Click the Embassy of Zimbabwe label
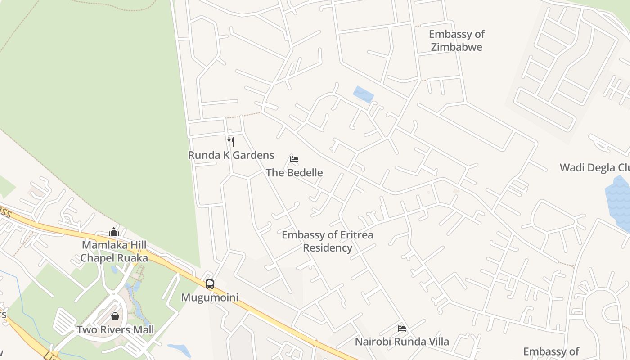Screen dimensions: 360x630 pos(456,40)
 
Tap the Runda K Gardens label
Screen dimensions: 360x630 pos(231,155)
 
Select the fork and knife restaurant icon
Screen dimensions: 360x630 pos(231,142)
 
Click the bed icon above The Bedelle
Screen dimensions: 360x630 pos(294,159)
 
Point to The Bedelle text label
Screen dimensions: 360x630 pos(294,172)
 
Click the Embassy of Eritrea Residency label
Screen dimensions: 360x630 pos(327,241)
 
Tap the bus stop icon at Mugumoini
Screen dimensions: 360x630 pos(210,284)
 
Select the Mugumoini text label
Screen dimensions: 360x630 pos(210,297)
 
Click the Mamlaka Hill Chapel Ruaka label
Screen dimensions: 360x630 pos(114,252)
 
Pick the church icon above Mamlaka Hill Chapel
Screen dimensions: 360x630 pos(114,232)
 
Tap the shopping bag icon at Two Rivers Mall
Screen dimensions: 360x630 pos(115,316)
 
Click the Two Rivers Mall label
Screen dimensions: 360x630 pos(115,330)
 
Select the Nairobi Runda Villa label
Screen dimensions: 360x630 pos(402,342)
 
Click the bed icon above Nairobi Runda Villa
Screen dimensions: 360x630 pos(402,328)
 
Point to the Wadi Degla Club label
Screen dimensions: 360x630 pos(594,168)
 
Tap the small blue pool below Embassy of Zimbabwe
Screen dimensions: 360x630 pos(364,94)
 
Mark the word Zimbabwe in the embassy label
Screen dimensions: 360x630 pos(456,47)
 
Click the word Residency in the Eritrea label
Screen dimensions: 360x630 pos(327,248)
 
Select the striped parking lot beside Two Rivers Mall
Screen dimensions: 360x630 pos(65,322)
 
